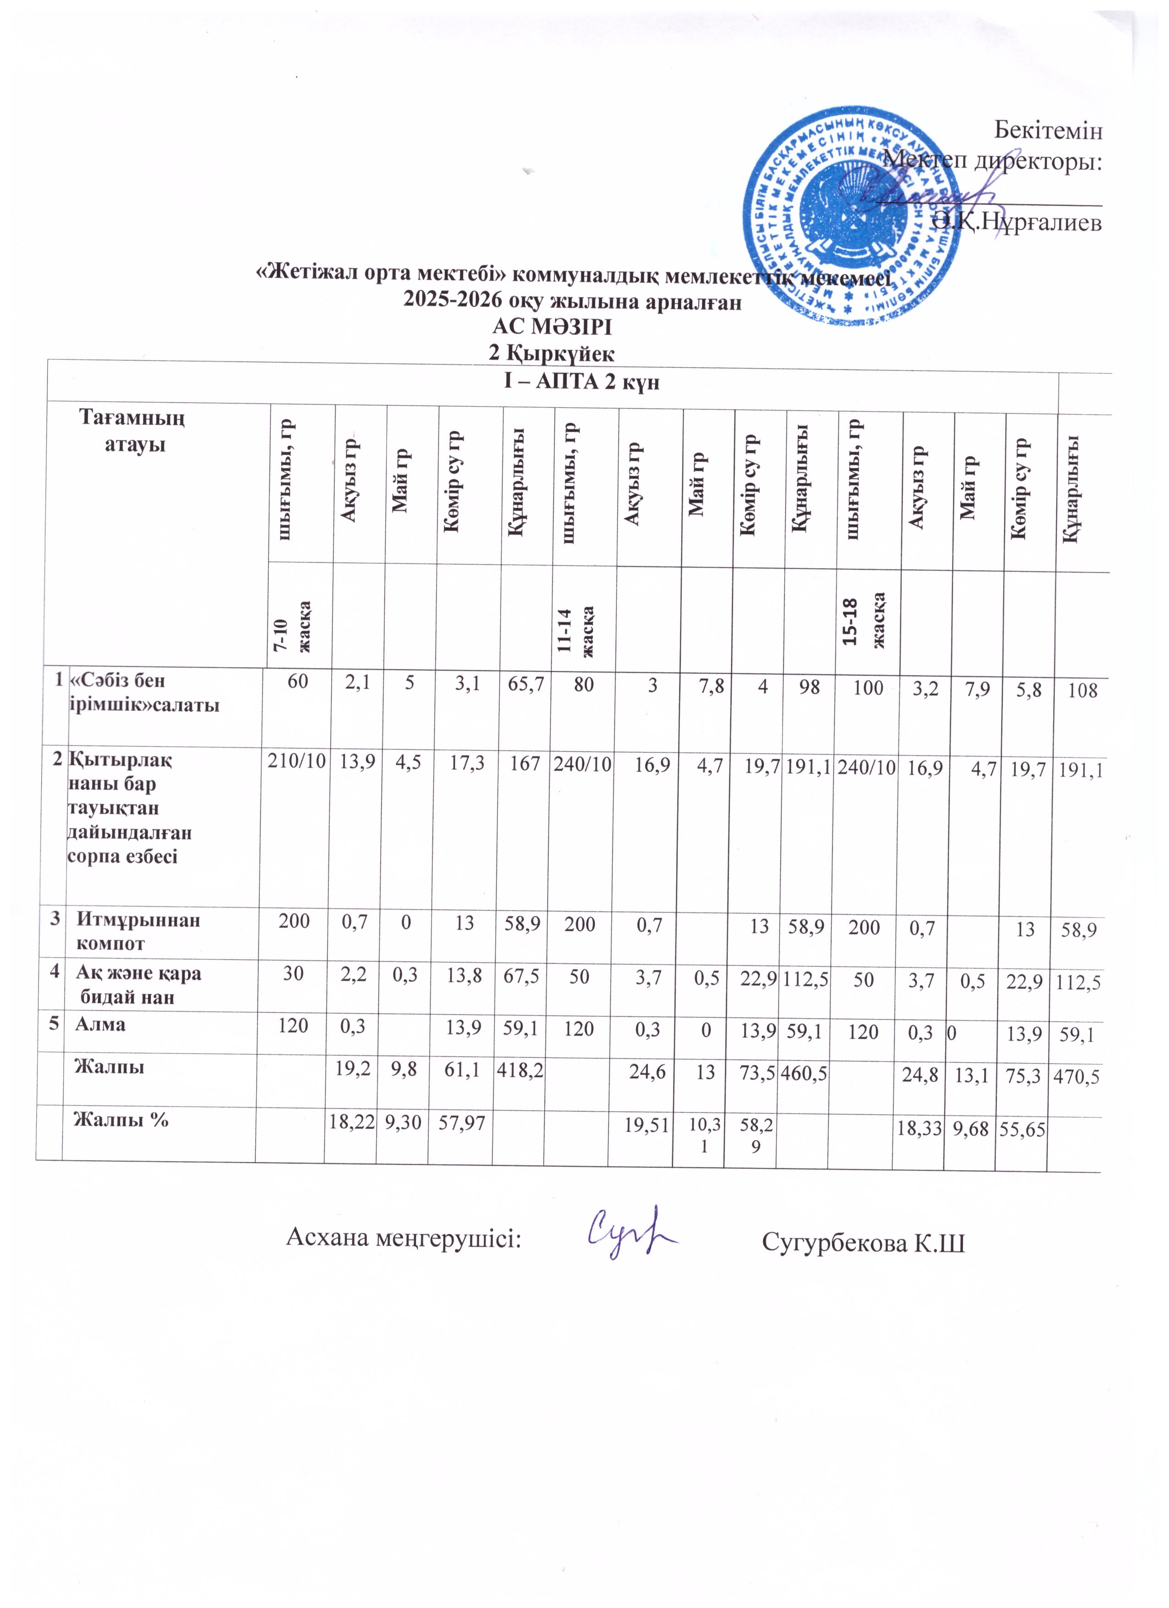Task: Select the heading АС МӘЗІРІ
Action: [x=552, y=328]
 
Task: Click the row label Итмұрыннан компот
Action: [x=138, y=932]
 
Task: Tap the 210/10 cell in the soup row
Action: [x=296, y=762]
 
